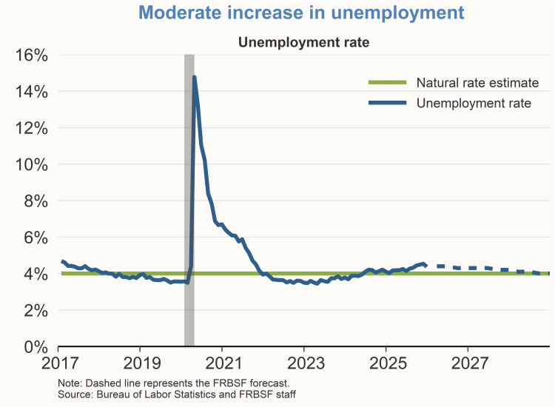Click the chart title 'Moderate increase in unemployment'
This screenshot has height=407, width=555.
click(301, 13)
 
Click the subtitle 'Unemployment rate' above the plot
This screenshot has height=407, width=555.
click(303, 42)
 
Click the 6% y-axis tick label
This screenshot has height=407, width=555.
click(33, 238)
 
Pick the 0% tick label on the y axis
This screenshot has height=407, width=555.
click(33, 346)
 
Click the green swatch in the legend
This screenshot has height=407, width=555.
click(387, 82)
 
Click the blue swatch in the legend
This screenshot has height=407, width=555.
click(387, 103)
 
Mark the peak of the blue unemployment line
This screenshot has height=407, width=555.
click(194, 77)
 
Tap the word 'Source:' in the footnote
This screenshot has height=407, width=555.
click(76, 394)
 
